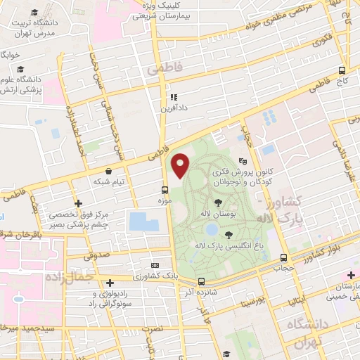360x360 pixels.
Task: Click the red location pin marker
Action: coord(181,165)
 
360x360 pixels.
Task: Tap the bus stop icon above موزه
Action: coord(165,190)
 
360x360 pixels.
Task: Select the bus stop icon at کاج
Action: coord(342,70)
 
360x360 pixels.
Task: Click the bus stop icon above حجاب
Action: coord(283,257)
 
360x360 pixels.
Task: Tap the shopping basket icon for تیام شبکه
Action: coord(108,171)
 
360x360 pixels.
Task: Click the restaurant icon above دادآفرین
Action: coord(172,98)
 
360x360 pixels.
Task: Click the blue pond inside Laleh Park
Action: coord(211,229)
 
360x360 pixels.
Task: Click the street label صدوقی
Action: coord(101,257)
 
